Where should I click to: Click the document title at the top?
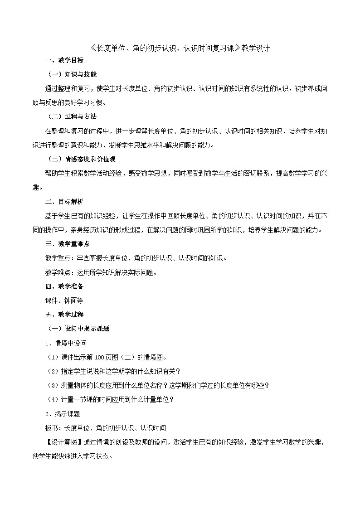coord(180,48)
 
